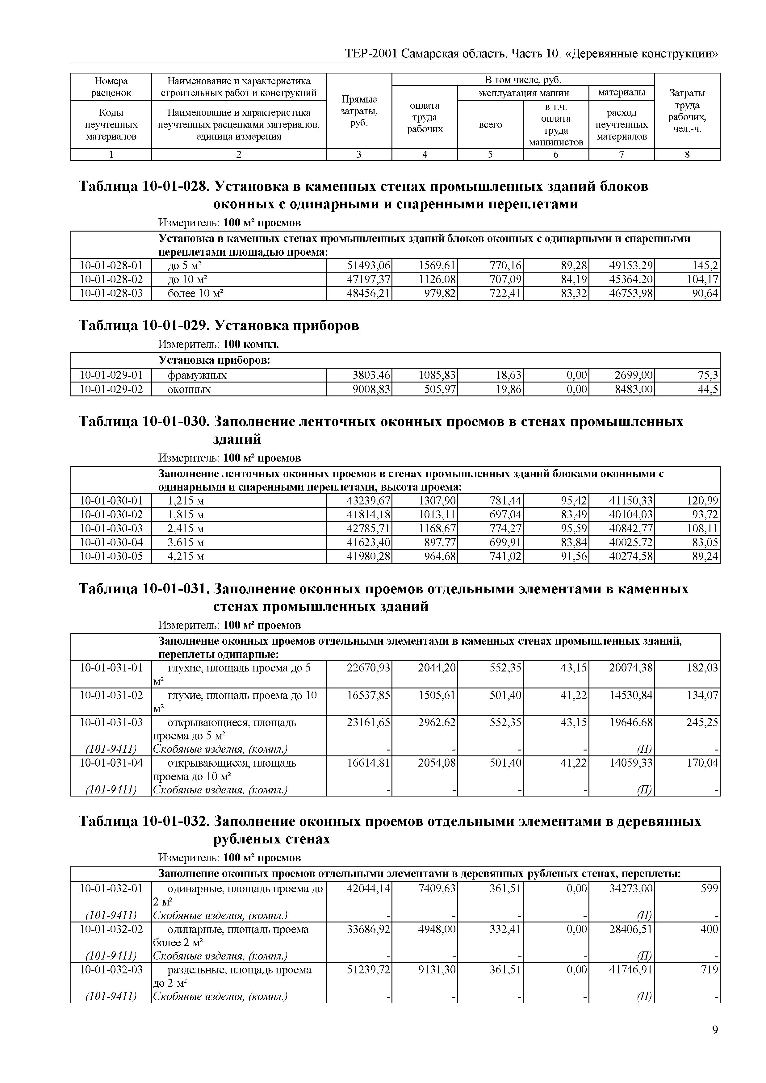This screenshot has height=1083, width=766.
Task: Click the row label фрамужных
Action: [197, 375]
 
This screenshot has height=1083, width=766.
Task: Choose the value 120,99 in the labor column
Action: [702, 500]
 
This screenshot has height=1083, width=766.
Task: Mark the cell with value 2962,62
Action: [437, 723]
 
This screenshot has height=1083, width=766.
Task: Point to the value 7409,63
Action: [437, 889]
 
